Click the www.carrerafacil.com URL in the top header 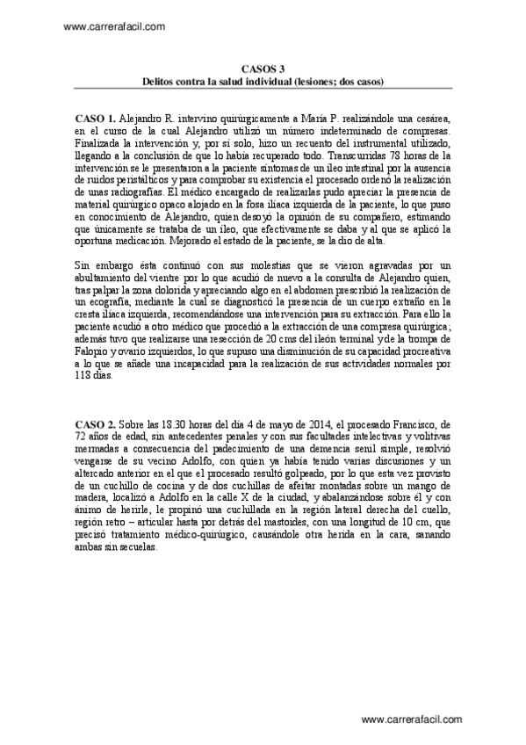pyautogui.click(x=115, y=26)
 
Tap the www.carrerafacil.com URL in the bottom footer pyautogui.click(x=411, y=719)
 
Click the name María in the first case pyautogui.click(x=329, y=117)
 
